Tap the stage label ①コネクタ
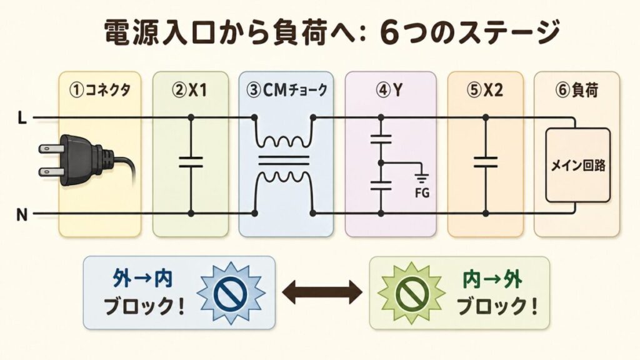pyautogui.click(x=97, y=90)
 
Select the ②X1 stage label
pyautogui.click(x=190, y=90)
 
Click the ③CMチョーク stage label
pyautogui.click(x=287, y=90)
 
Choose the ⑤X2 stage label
pyautogui.click(x=485, y=90)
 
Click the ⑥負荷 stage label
pyautogui.click(x=576, y=90)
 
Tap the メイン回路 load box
pyautogui.click(x=577, y=166)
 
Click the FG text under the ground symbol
pyautogui.click(x=422, y=192)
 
